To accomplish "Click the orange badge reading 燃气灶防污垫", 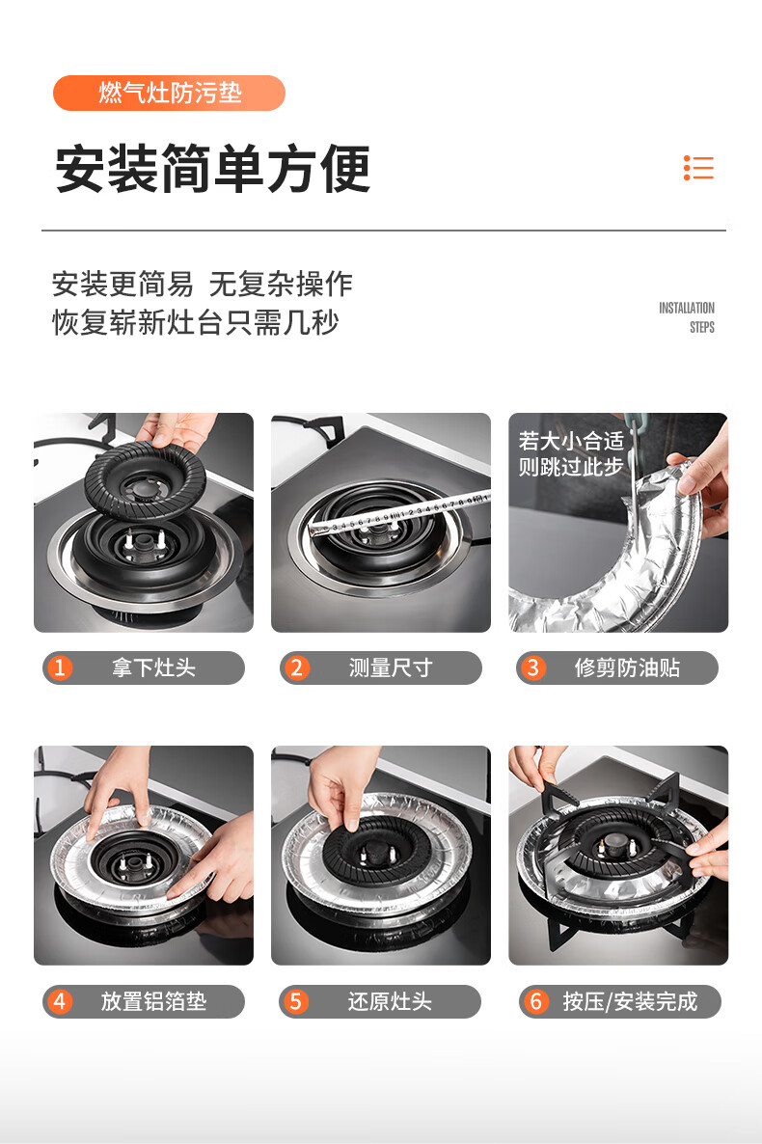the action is pos(169,93).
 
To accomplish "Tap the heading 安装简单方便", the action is pos(212,169).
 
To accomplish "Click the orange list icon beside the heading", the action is pos(698,168).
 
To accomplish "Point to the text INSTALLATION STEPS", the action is pos(687,317).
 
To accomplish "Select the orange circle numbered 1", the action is pos(60,667).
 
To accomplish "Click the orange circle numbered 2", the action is pos(296,667).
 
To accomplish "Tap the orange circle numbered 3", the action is pos(532,667).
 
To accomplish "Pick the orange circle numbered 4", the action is pos(60,1001).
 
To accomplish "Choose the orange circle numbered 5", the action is pos(295,1001).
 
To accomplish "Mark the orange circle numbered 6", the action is pos(535,1001).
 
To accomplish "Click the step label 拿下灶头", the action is pos(153,667).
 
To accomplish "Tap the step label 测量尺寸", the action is pos(391,667).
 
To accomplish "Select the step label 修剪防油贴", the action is pos(627,667).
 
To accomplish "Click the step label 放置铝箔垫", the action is pos(153,1001).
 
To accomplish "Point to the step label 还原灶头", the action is pos(390,1001).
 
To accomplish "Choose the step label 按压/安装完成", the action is pos(630,1001).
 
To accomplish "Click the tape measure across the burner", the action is pos(398,514).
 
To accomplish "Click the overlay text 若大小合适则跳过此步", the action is pos(571,453).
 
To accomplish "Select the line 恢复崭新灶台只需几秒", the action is pos(196,322).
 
